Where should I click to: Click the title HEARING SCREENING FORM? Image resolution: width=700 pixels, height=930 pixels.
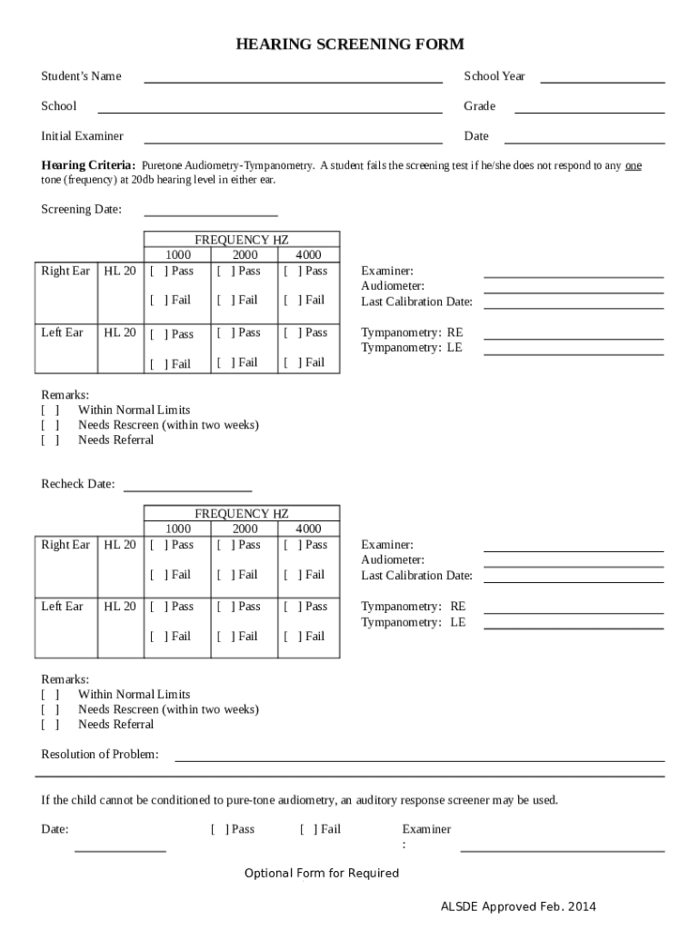(350, 45)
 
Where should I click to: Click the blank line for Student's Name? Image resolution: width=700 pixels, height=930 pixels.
(293, 81)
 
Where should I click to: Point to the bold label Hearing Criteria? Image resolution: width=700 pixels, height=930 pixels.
(88, 166)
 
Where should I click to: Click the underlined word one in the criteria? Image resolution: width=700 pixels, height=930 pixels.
(634, 166)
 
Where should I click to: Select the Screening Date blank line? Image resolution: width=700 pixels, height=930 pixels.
(211, 214)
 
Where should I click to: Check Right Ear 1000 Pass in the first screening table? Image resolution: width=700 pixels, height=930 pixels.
(156, 271)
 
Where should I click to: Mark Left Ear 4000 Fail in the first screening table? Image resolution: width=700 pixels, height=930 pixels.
(290, 362)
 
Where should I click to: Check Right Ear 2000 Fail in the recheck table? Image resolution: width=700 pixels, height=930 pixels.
(223, 575)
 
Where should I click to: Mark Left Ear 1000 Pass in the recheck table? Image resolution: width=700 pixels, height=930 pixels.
(156, 607)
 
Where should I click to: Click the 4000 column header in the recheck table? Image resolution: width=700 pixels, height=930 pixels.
(308, 529)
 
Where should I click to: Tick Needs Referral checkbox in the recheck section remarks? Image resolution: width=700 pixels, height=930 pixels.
(50, 725)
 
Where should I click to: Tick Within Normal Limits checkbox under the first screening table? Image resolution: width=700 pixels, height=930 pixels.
(50, 411)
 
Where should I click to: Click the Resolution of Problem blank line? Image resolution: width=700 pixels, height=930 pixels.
(419, 758)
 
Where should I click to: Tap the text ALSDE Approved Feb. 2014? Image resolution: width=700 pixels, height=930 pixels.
(518, 906)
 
